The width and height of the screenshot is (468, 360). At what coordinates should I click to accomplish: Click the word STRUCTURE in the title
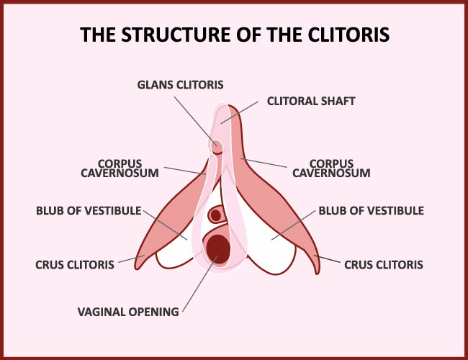(x=176, y=35)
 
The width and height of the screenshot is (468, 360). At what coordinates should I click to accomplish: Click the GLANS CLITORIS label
(x=180, y=85)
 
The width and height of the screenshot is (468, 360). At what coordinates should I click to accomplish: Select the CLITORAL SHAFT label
(x=311, y=102)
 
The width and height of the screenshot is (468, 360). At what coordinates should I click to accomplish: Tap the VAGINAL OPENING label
(x=128, y=312)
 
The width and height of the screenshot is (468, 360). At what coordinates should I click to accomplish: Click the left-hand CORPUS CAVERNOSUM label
(x=120, y=168)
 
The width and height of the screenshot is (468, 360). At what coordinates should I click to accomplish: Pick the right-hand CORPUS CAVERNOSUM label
(x=331, y=168)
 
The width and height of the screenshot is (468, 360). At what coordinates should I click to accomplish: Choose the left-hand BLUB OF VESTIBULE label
(x=89, y=211)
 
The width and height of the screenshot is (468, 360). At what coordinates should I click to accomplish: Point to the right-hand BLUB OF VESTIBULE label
(x=372, y=211)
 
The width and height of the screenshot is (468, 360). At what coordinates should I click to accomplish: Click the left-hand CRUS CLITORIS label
(x=75, y=265)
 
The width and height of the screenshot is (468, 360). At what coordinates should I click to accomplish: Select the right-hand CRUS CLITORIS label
(x=384, y=265)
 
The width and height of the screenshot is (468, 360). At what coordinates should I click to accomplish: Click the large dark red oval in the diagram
(x=218, y=249)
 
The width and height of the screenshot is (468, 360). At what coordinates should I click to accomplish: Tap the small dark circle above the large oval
(x=215, y=215)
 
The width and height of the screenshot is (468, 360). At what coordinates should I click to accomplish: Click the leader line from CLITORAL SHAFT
(x=239, y=112)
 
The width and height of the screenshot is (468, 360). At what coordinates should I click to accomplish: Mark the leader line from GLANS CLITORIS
(x=196, y=121)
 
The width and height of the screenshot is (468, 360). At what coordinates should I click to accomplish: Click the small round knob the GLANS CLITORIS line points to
(x=217, y=147)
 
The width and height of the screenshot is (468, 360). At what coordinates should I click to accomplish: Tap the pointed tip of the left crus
(x=137, y=269)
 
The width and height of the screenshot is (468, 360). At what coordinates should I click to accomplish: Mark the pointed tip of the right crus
(x=318, y=273)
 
